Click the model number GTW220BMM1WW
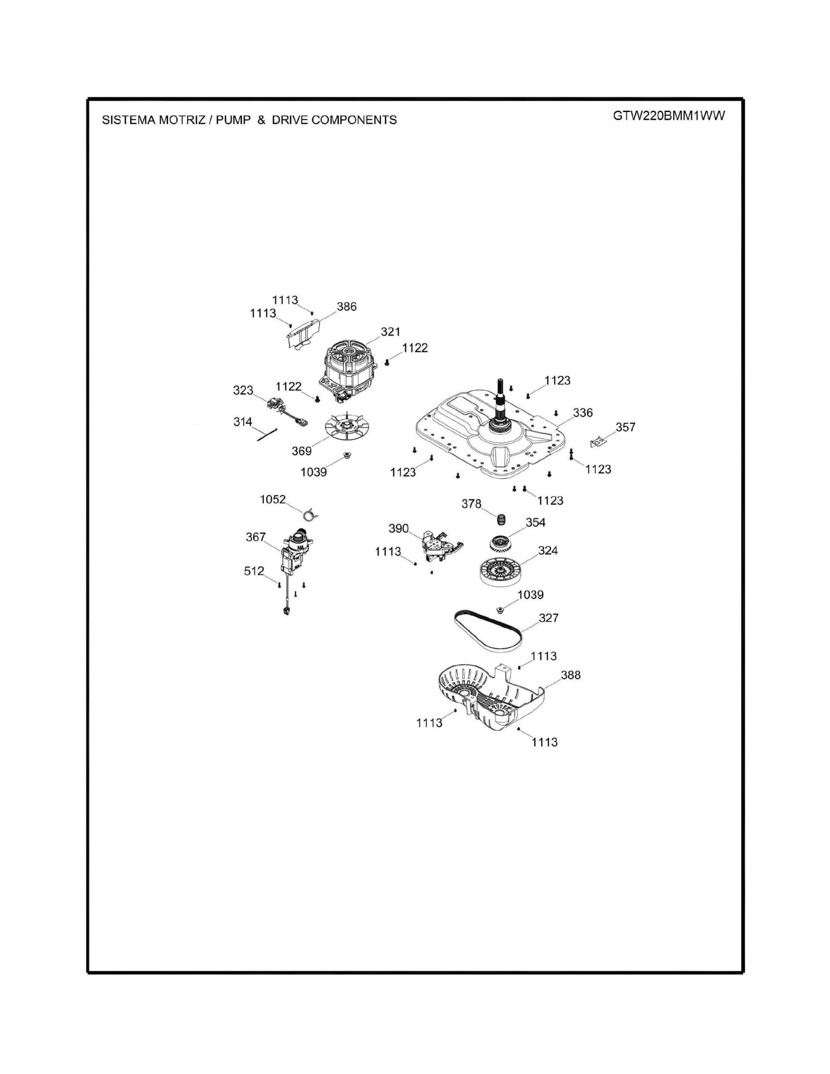(x=669, y=116)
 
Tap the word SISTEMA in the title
(x=128, y=120)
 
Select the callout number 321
(x=390, y=332)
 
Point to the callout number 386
(x=347, y=307)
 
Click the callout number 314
(x=242, y=422)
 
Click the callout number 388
(x=570, y=675)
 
